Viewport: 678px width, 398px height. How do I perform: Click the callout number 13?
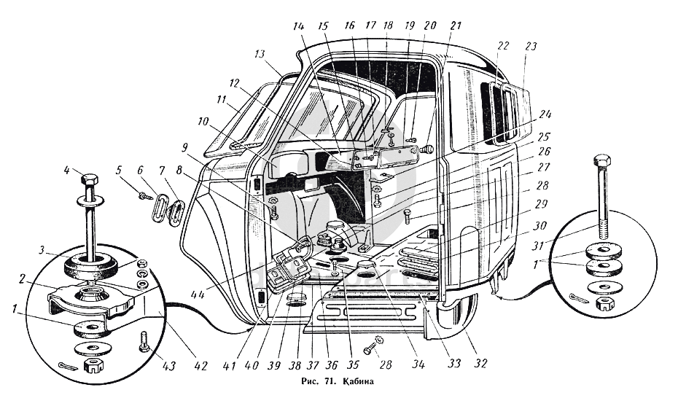click(x=259, y=55)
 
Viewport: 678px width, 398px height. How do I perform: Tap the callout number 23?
click(x=531, y=46)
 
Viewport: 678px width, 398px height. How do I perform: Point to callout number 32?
click(x=480, y=363)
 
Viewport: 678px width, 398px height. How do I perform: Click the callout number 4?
click(x=66, y=171)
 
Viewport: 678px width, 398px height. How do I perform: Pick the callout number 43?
click(x=168, y=366)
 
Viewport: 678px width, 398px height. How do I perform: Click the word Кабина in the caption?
click(x=359, y=381)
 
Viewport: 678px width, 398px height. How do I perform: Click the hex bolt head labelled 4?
click(x=90, y=179)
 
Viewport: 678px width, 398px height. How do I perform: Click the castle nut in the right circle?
click(x=603, y=304)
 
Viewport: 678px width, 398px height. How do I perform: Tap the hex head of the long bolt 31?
click(x=602, y=162)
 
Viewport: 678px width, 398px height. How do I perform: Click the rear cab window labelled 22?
click(x=502, y=112)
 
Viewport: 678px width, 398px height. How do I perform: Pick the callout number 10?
click(x=203, y=122)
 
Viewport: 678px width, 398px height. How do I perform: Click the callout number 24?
click(x=545, y=115)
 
